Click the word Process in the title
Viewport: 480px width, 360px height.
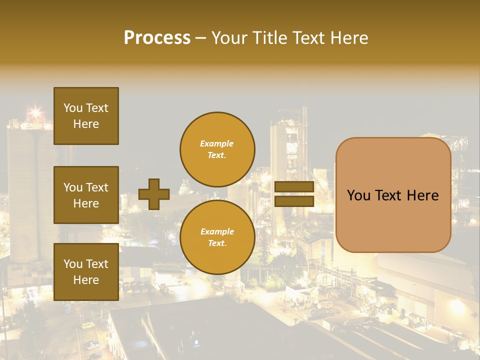157,38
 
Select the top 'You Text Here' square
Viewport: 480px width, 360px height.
86,116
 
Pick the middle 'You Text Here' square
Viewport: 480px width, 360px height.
86,195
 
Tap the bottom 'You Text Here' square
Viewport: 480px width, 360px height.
86,271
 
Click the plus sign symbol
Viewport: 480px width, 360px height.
154,194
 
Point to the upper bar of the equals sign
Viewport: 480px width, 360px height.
294,187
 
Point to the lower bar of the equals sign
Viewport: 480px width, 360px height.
294,201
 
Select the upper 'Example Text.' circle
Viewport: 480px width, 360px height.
217,149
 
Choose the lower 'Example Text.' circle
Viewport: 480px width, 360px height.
217,237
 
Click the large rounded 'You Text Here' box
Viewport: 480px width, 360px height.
393,195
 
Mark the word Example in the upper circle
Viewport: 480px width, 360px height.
217,143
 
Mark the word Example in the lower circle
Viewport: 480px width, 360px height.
217,231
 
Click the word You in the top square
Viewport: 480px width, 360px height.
73,108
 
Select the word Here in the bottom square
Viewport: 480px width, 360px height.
86,280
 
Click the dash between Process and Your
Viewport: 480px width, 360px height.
201,38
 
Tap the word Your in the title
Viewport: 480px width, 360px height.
229,38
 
